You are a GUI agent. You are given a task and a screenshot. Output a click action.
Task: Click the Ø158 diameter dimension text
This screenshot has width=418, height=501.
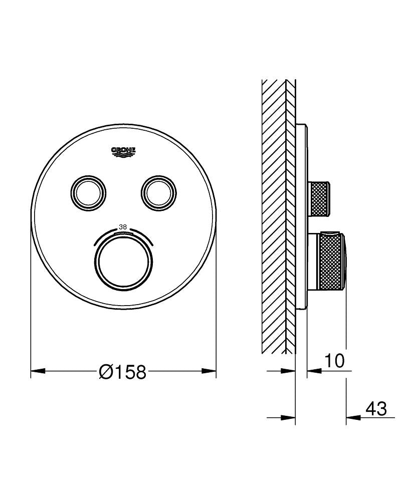[123, 372]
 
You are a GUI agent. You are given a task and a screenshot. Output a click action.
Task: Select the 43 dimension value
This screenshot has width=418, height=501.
[376, 409]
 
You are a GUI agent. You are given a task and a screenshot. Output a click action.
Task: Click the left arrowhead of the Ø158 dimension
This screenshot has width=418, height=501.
[38, 371]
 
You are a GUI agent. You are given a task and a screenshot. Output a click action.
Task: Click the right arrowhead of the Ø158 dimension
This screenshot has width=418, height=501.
[209, 371]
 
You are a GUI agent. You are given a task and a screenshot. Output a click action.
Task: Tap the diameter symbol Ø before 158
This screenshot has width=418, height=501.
[106, 372]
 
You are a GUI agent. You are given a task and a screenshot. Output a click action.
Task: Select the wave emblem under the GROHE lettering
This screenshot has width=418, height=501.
[123, 155]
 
